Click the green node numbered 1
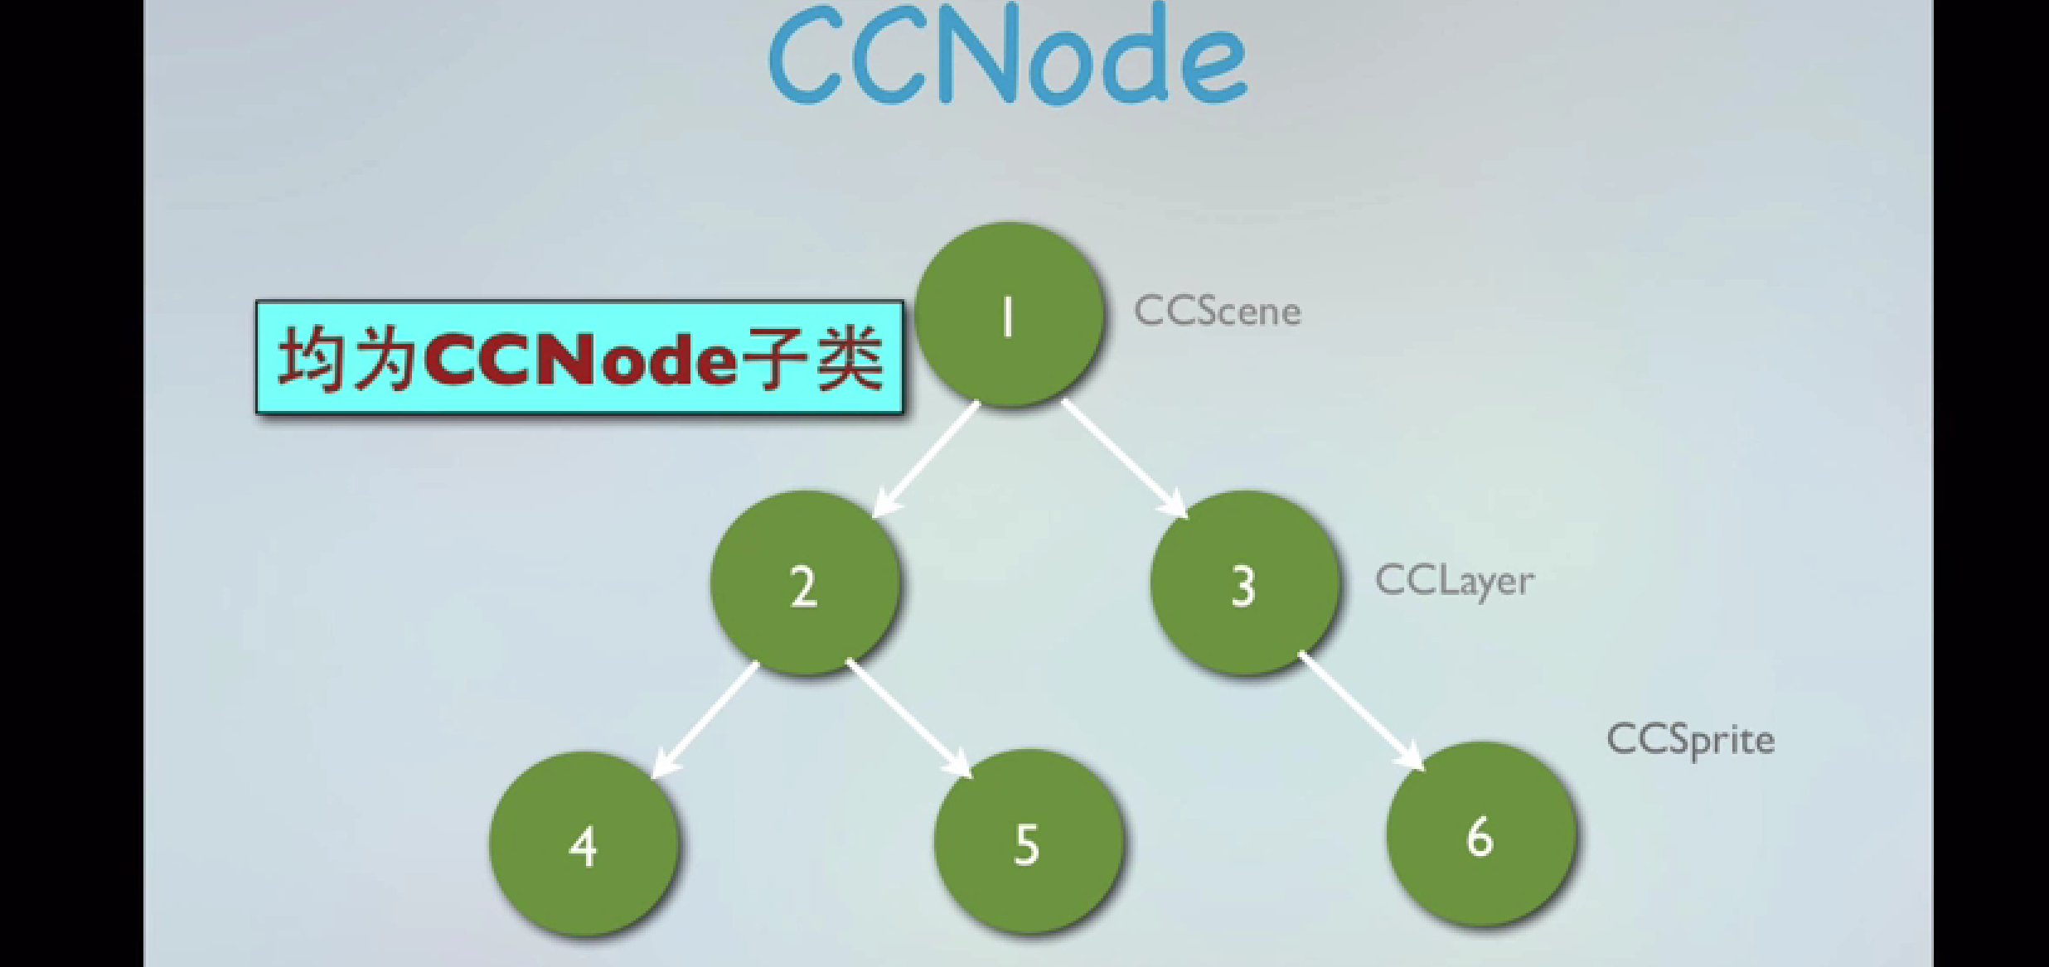(1009, 314)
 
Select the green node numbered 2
(804, 583)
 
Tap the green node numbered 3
(1244, 583)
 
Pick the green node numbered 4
(584, 844)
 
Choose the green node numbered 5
(1028, 843)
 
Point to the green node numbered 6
(1480, 834)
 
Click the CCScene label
(1217, 312)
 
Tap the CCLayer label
(1454, 581)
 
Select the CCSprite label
(1690, 739)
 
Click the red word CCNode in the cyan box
(579, 360)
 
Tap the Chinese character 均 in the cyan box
(310, 358)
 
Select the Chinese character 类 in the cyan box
(850, 358)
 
